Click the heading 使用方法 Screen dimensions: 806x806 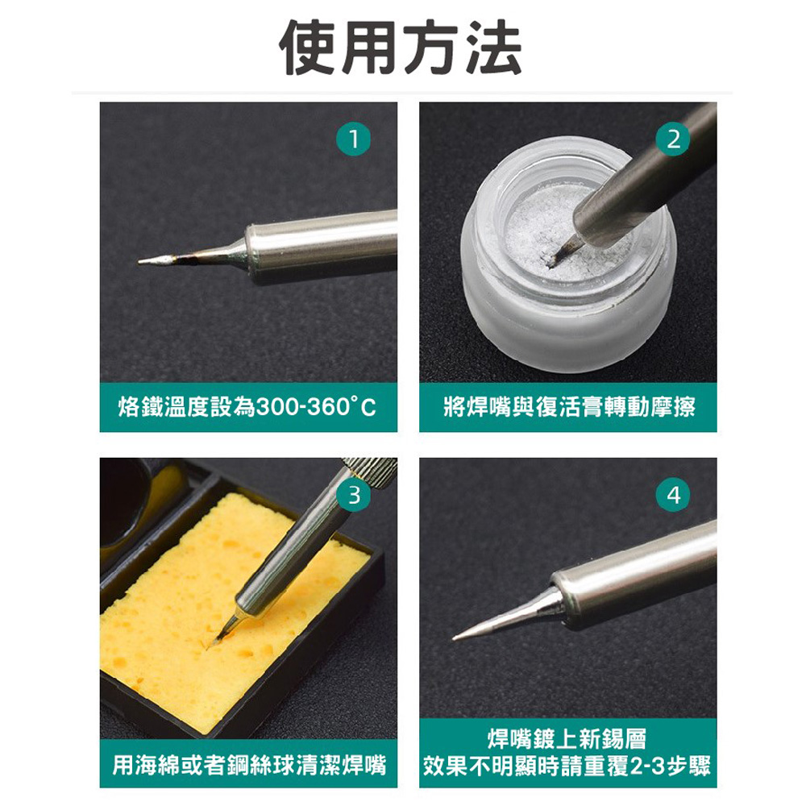(401, 48)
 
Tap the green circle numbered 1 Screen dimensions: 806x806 (353, 139)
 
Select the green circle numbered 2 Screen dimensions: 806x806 (673, 139)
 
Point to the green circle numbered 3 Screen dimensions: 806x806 (353, 495)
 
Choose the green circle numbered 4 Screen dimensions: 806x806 (673, 495)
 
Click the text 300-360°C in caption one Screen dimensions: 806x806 (316, 407)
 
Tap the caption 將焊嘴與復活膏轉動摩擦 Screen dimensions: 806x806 (568, 407)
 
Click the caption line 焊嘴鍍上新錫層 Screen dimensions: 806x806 (567, 738)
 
